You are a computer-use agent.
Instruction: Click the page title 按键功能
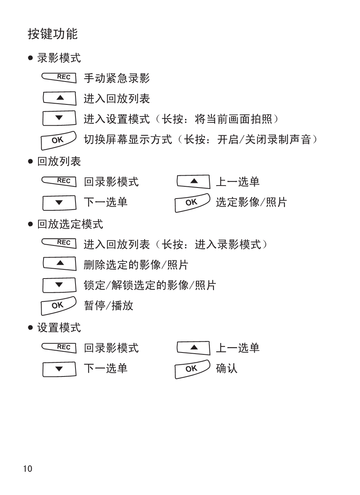53,34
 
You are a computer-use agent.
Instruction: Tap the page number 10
27,469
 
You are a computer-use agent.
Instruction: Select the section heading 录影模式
59,58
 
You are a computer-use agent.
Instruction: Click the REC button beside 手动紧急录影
59,78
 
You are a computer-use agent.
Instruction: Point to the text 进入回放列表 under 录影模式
117,99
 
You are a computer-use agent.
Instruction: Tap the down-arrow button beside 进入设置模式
59,118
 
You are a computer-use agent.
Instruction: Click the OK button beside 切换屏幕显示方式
59,140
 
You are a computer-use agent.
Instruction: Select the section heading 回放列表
59,161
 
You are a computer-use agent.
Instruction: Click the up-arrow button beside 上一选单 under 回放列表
193,182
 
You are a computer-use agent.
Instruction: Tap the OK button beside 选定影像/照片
192,203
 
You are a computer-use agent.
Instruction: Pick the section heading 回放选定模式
70,224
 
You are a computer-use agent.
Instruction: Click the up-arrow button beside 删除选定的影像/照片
59,263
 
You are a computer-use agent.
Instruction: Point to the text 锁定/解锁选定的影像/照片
150,285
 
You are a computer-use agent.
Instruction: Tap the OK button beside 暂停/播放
59,306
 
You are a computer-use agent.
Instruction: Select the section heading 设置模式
59,327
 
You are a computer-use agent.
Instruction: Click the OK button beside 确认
192,369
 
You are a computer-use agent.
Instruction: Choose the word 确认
227,368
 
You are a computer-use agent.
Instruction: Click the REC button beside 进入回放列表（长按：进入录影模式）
59,243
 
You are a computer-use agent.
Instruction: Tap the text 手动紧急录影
117,78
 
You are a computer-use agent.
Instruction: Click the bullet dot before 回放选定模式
31,224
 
